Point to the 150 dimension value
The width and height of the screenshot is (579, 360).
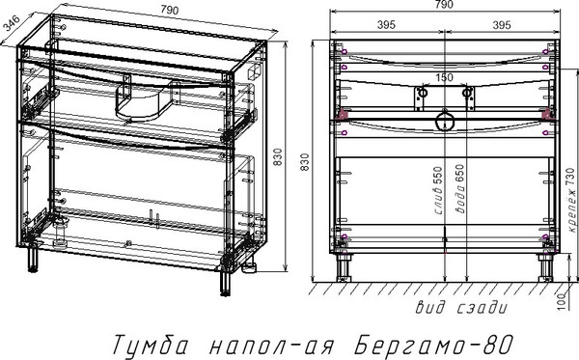click(x=443, y=78)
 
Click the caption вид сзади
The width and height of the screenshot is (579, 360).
click(x=461, y=308)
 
